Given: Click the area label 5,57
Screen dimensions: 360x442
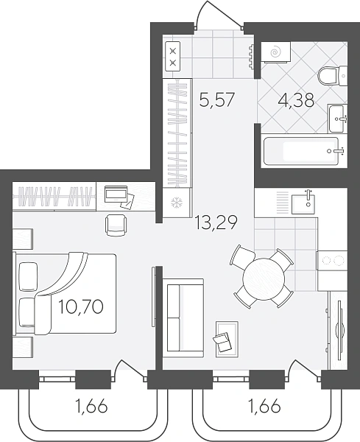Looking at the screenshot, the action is pyautogui.click(x=216, y=100).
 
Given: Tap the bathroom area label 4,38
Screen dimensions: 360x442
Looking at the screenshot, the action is pyautogui.click(x=296, y=100).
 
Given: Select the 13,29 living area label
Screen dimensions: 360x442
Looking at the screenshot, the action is pyautogui.click(x=216, y=222).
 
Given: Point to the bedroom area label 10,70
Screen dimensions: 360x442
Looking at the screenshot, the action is pyautogui.click(x=81, y=306).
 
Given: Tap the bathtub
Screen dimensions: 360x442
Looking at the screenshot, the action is pyautogui.click(x=301, y=151).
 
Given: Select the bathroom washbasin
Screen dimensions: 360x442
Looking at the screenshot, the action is pyautogui.click(x=337, y=119).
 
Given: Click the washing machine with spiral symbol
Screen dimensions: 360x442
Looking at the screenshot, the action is pyautogui.click(x=275, y=52).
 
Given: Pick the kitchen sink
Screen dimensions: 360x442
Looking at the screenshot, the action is pyautogui.click(x=303, y=200).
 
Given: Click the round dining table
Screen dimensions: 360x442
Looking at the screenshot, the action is pyautogui.click(x=264, y=278).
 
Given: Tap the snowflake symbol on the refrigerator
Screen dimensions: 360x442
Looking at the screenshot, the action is pyautogui.click(x=177, y=203).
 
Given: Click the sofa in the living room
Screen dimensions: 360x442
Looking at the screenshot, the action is pyautogui.click(x=183, y=318).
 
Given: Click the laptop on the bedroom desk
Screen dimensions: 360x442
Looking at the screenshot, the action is pyautogui.click(x=116, y=194).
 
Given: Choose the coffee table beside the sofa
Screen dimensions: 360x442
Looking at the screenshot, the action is pyautogui.click(x=227, y=338).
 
